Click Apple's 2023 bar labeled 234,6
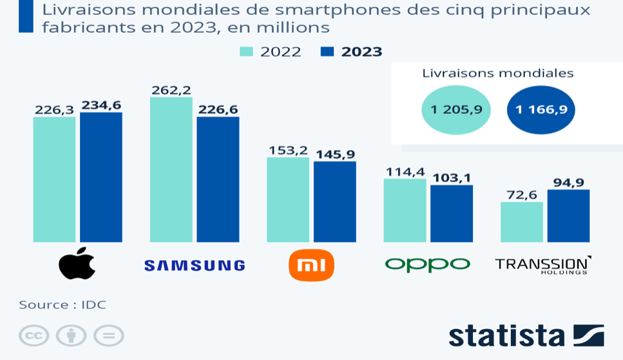[101, 177]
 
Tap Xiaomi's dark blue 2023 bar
[335, 202]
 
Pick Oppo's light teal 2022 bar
[405, 211]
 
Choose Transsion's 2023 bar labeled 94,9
[568, 216]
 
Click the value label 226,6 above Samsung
[218, 109]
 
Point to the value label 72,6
[521, 194]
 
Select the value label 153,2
[287, 150]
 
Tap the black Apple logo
[77, 263]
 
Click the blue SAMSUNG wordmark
[195, 265]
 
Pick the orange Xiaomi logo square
[311, 265]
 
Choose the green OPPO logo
[427, 264]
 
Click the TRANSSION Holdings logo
[542, 265]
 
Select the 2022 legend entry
[271, 52]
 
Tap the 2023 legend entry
[352, 52]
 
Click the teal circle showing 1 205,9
[456, 110]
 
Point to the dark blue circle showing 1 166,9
[541, 110]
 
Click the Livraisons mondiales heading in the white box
[497, 73]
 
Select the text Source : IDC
[62, 305]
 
